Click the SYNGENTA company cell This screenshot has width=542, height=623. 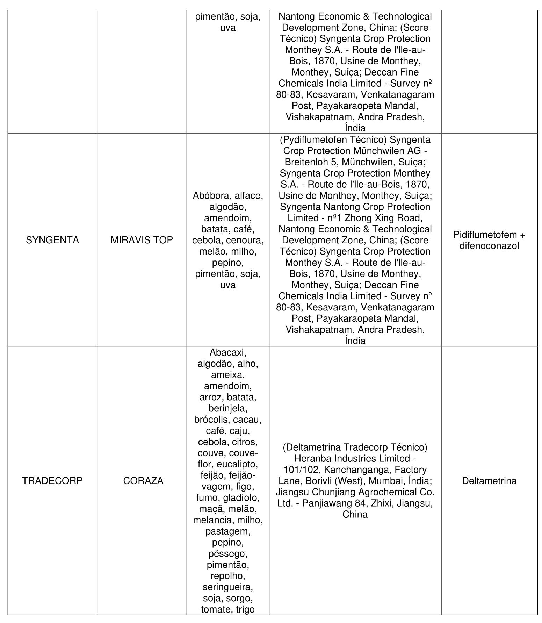coord(52,240)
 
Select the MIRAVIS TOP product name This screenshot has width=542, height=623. coord(142,240)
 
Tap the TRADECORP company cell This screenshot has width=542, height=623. coord(52,481)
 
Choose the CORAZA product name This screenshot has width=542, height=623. coord(143,481)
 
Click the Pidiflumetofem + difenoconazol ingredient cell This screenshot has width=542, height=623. coord(489,240)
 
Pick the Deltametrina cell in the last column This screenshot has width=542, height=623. coord(489,481)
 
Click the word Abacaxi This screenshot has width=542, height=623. coord(228,352)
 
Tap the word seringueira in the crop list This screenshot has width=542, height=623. coord(228,587)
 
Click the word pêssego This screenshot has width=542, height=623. coord(228,553)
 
